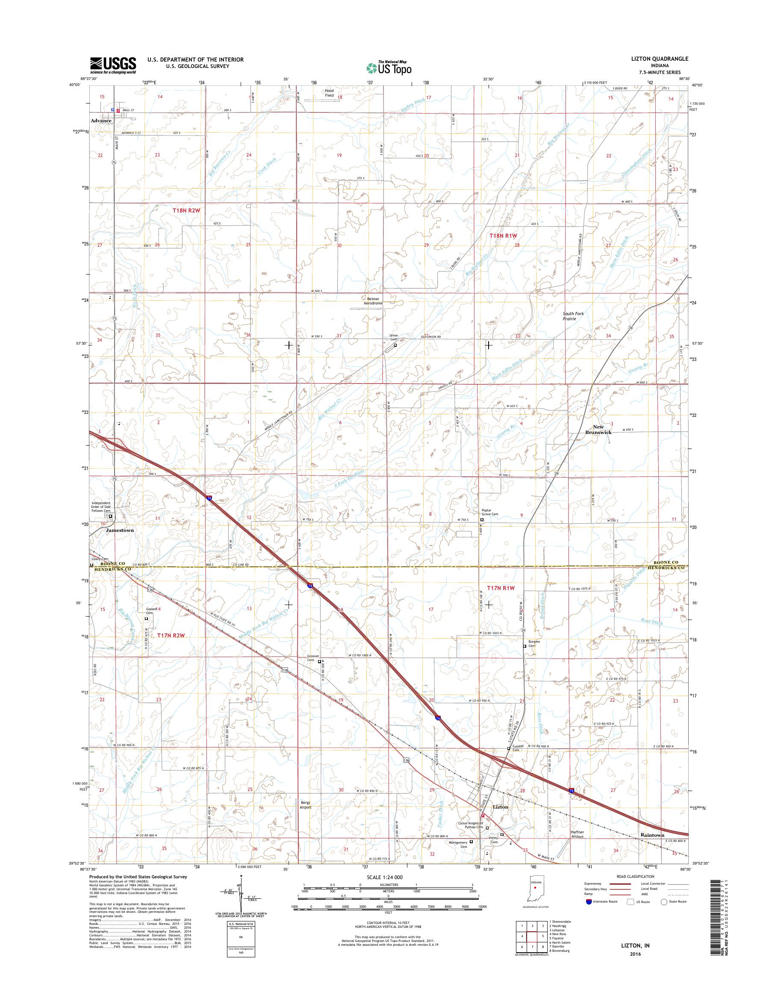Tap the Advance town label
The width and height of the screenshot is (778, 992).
(x=100, y=120)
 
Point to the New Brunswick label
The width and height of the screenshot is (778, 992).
(x=598, y=430)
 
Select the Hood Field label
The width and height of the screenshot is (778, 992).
(x=329, y=93)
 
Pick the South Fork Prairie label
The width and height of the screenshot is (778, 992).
(x=572, y=316)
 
